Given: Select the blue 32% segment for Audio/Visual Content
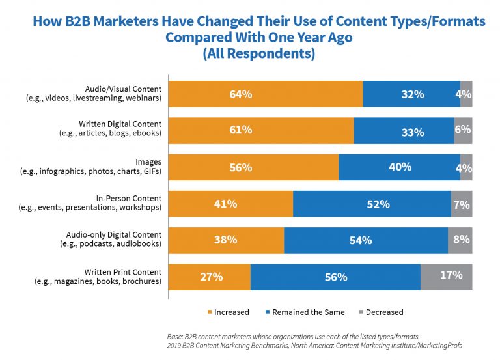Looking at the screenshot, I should click(411, 94).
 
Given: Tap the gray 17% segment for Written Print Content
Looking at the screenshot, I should click(446, 277).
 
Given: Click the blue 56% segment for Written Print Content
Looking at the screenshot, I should click(335, 277).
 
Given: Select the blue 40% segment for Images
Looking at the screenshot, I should click(399, 167).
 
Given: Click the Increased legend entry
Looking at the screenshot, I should click(228, 312).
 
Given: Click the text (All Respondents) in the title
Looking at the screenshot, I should click(259, 53).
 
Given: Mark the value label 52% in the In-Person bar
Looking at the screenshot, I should click(378, 204).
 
